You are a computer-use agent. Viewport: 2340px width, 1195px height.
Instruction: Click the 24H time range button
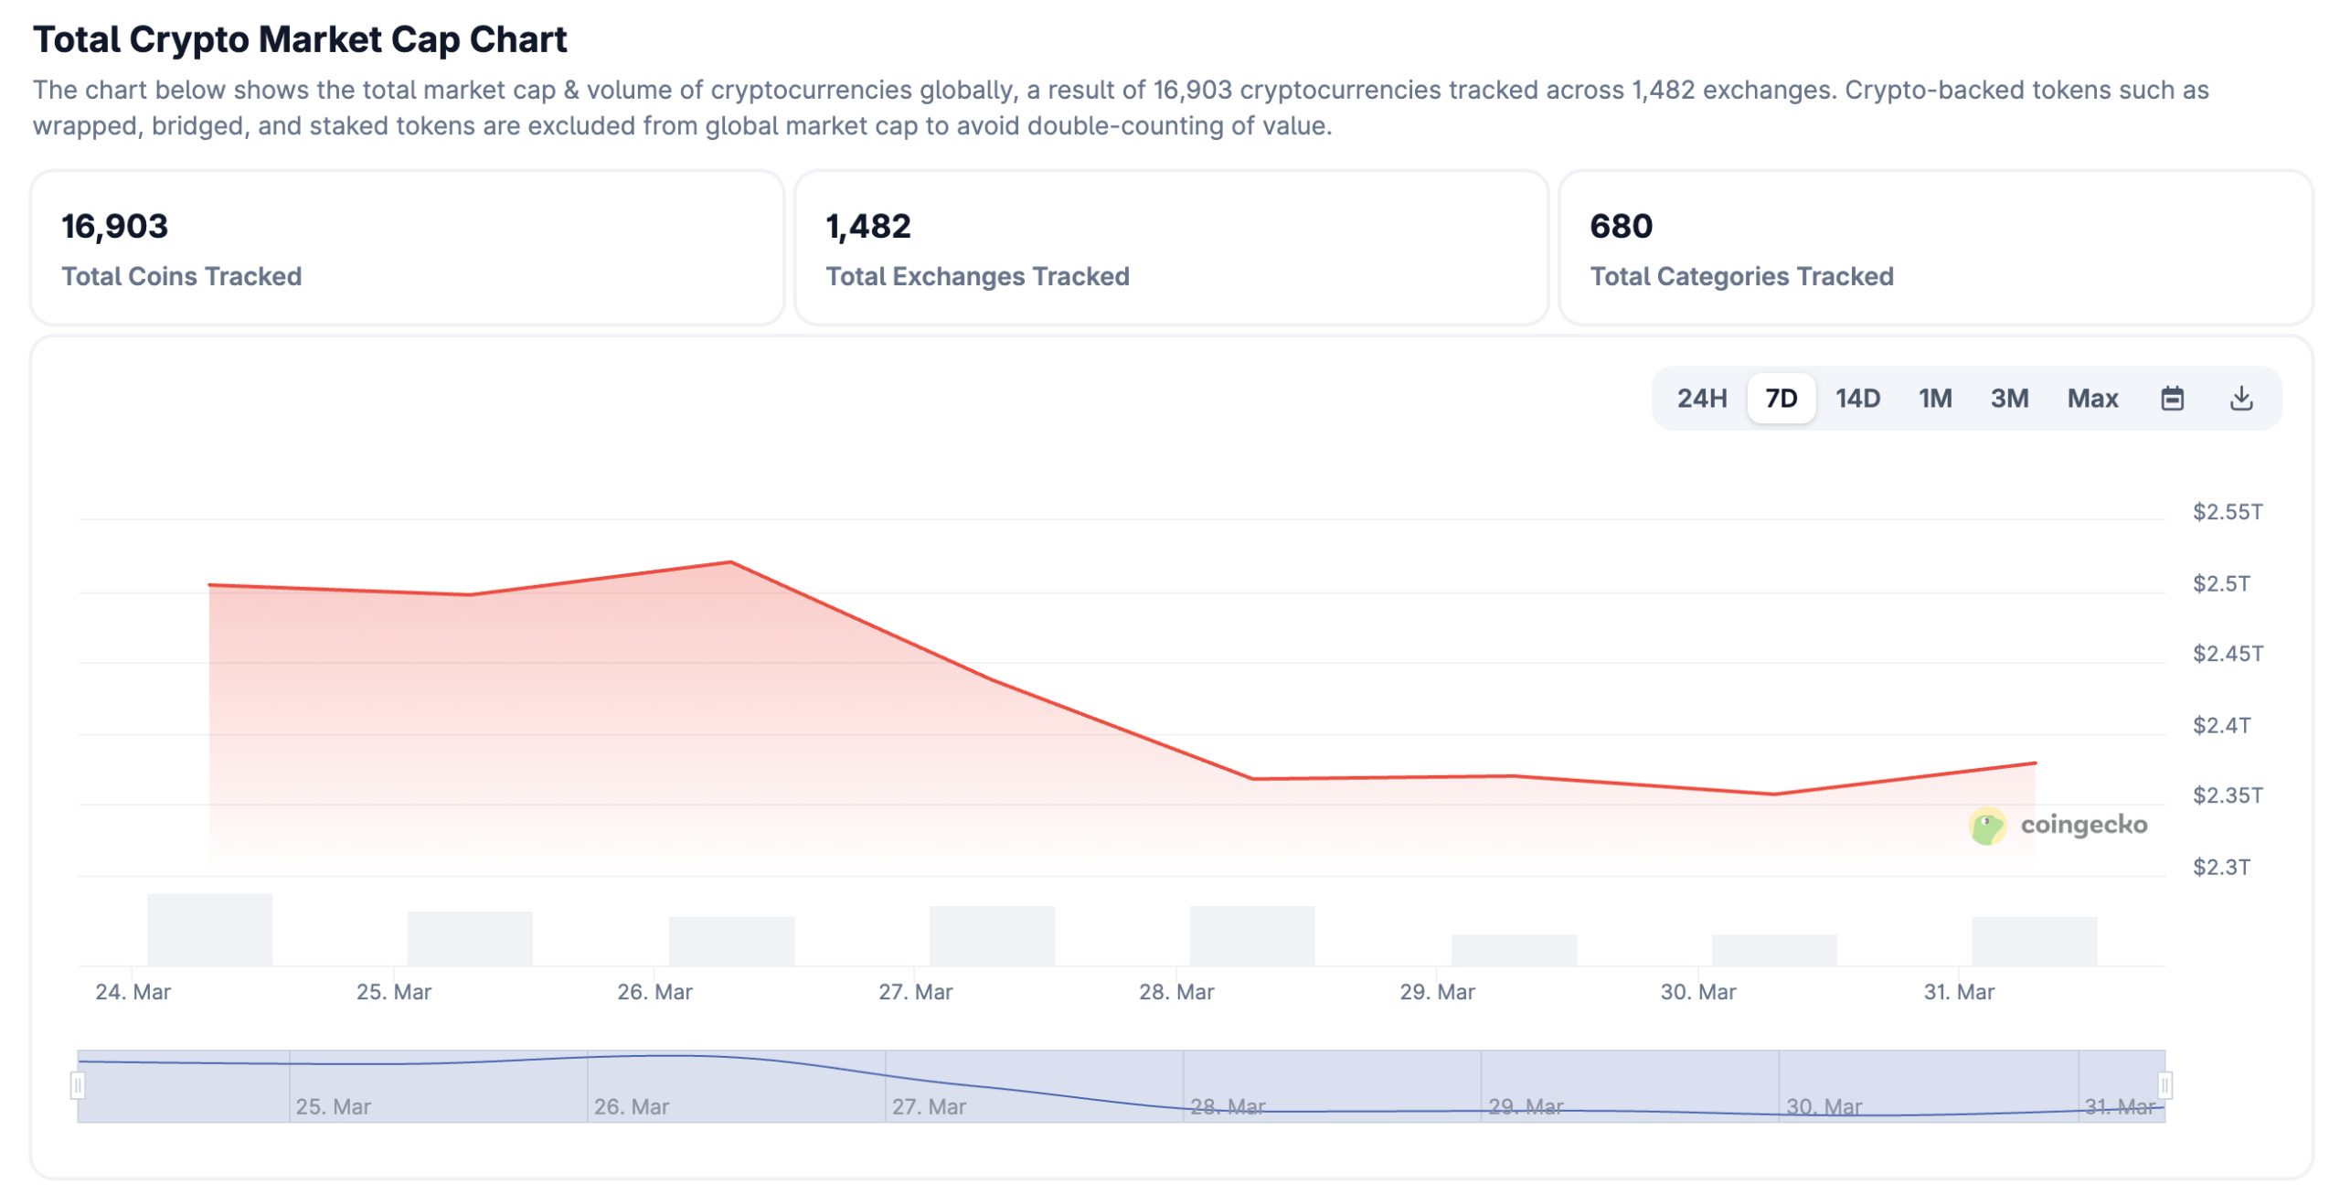1701,399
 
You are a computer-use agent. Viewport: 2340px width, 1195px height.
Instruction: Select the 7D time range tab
1781,399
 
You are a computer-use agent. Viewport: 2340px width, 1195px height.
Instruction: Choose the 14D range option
1857,399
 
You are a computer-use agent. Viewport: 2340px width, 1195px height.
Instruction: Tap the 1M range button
1934,399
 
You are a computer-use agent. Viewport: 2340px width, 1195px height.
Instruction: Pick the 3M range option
2009,399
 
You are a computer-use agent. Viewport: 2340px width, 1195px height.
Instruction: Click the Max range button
2092,399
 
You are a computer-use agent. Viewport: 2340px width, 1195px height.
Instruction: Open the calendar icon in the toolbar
2172,399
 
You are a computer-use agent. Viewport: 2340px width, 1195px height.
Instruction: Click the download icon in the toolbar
2240,399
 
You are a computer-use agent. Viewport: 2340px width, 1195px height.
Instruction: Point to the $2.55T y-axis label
2227,512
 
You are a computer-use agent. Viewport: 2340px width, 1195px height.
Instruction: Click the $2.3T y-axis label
2221,867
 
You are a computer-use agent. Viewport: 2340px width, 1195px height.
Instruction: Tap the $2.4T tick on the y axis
2221,726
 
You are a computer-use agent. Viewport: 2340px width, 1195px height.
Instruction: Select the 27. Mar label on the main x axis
915,992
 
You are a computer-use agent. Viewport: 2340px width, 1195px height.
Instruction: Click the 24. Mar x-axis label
133,992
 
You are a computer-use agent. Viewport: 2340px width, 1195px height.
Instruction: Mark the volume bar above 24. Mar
209,929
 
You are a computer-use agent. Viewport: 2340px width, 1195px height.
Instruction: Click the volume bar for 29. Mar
1514,950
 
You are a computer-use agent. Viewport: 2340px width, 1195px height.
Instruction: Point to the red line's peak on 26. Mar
730,562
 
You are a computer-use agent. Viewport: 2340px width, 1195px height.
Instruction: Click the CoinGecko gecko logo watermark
1987,826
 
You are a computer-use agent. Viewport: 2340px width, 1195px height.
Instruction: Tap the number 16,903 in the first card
115,227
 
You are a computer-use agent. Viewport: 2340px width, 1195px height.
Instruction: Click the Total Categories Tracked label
1741,276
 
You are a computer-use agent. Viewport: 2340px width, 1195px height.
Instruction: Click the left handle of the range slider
78,1085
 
